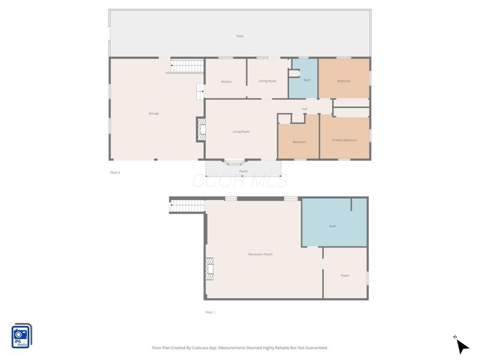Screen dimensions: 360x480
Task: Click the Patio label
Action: [x=239, y=36]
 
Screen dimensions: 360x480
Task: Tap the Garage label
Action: [x=154, y=113]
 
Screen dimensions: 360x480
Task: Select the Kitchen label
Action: [x=226, y=82]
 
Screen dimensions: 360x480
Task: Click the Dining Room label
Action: [x=267, y=81]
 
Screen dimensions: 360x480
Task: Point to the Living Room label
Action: [x=241, y=131]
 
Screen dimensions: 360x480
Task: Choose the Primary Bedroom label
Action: [x=344, y=140]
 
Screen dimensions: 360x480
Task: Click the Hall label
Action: [x=304, y=109]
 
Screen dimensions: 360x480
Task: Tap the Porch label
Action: [x=243, y=171]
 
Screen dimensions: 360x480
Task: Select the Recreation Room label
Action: [x=260, y=254]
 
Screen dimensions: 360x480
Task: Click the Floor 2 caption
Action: [x=115, y=172]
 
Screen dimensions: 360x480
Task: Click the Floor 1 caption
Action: [x=210, y=312]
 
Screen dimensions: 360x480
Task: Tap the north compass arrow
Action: [x=461, y=346]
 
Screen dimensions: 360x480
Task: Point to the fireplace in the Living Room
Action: [x=201, y=129]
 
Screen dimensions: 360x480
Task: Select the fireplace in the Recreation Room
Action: [x=209, y=269]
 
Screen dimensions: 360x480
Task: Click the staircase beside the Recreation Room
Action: [x=188, y=206]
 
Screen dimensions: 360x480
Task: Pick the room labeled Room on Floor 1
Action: [x=345, y=275]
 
